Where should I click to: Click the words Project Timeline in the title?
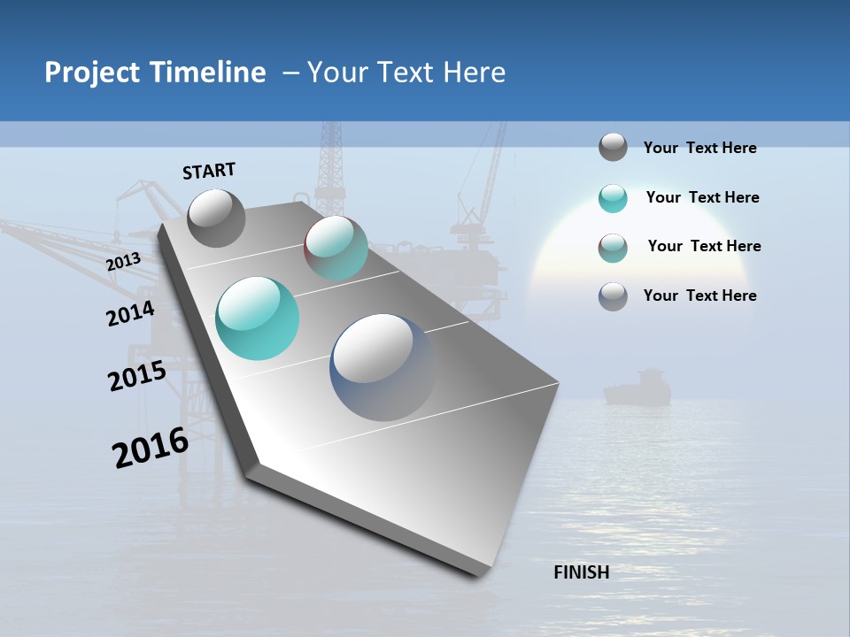155,73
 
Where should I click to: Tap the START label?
209,171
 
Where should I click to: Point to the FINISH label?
582,572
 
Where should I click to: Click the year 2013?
123,262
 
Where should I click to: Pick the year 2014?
130,313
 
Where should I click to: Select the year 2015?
137,376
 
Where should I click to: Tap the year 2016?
151,448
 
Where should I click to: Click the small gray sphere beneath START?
216,218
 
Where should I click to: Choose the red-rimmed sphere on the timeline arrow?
336,248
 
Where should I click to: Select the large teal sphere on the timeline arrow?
258,318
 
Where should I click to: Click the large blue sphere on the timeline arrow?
383,367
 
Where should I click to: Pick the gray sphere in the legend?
613,147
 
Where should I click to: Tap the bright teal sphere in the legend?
613,198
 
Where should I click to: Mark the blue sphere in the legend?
613,296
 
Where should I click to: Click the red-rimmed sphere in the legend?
613,249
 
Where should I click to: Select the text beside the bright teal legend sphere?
702,197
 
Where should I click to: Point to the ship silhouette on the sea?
637,388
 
